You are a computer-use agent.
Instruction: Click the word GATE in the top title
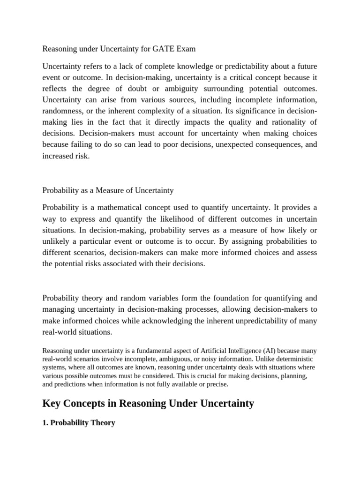(165, 48)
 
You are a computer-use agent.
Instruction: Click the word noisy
(210, 359)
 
